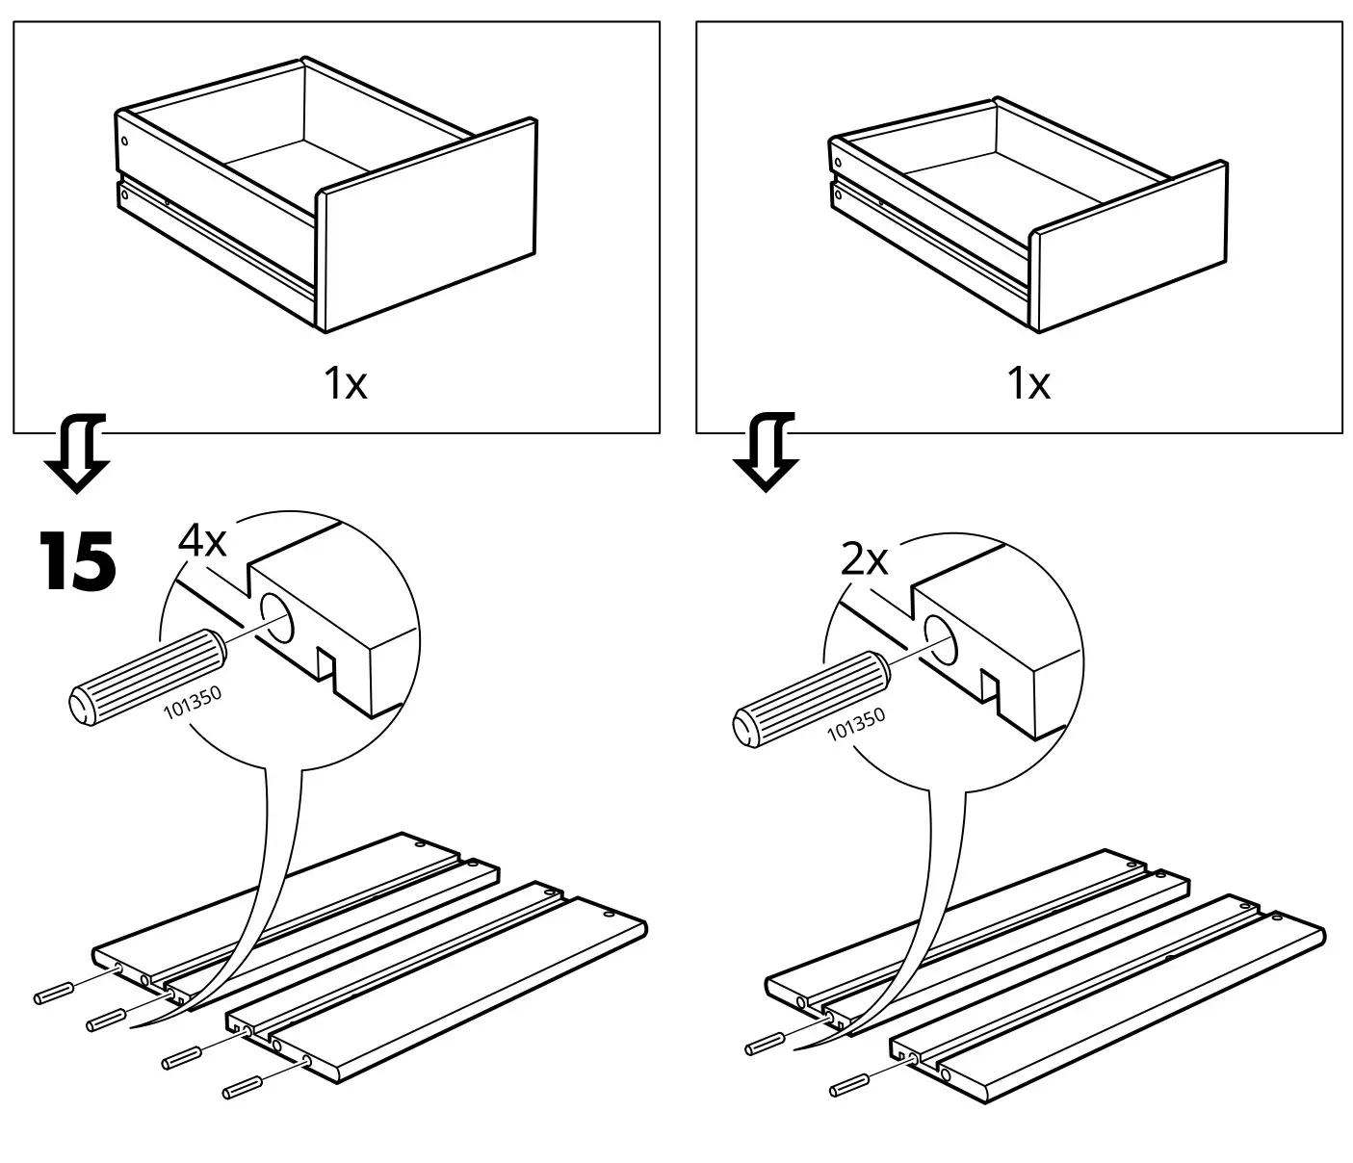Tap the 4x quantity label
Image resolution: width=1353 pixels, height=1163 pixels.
[202, 542]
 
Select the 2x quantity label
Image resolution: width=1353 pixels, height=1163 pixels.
[864, 559]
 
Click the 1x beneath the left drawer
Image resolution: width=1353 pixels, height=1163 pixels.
[345, 385]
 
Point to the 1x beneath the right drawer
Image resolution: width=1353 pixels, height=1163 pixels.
[1028, 385]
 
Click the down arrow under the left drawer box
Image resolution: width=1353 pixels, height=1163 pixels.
[76, 453]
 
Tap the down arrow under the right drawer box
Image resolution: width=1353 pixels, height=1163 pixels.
[767, 452]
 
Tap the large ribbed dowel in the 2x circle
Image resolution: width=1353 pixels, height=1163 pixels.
[811, 699]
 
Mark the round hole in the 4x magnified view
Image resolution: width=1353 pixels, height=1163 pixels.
[279, 619]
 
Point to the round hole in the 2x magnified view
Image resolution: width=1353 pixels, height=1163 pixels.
[941, 639]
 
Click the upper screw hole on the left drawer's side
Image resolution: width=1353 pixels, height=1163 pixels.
[124, 141]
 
